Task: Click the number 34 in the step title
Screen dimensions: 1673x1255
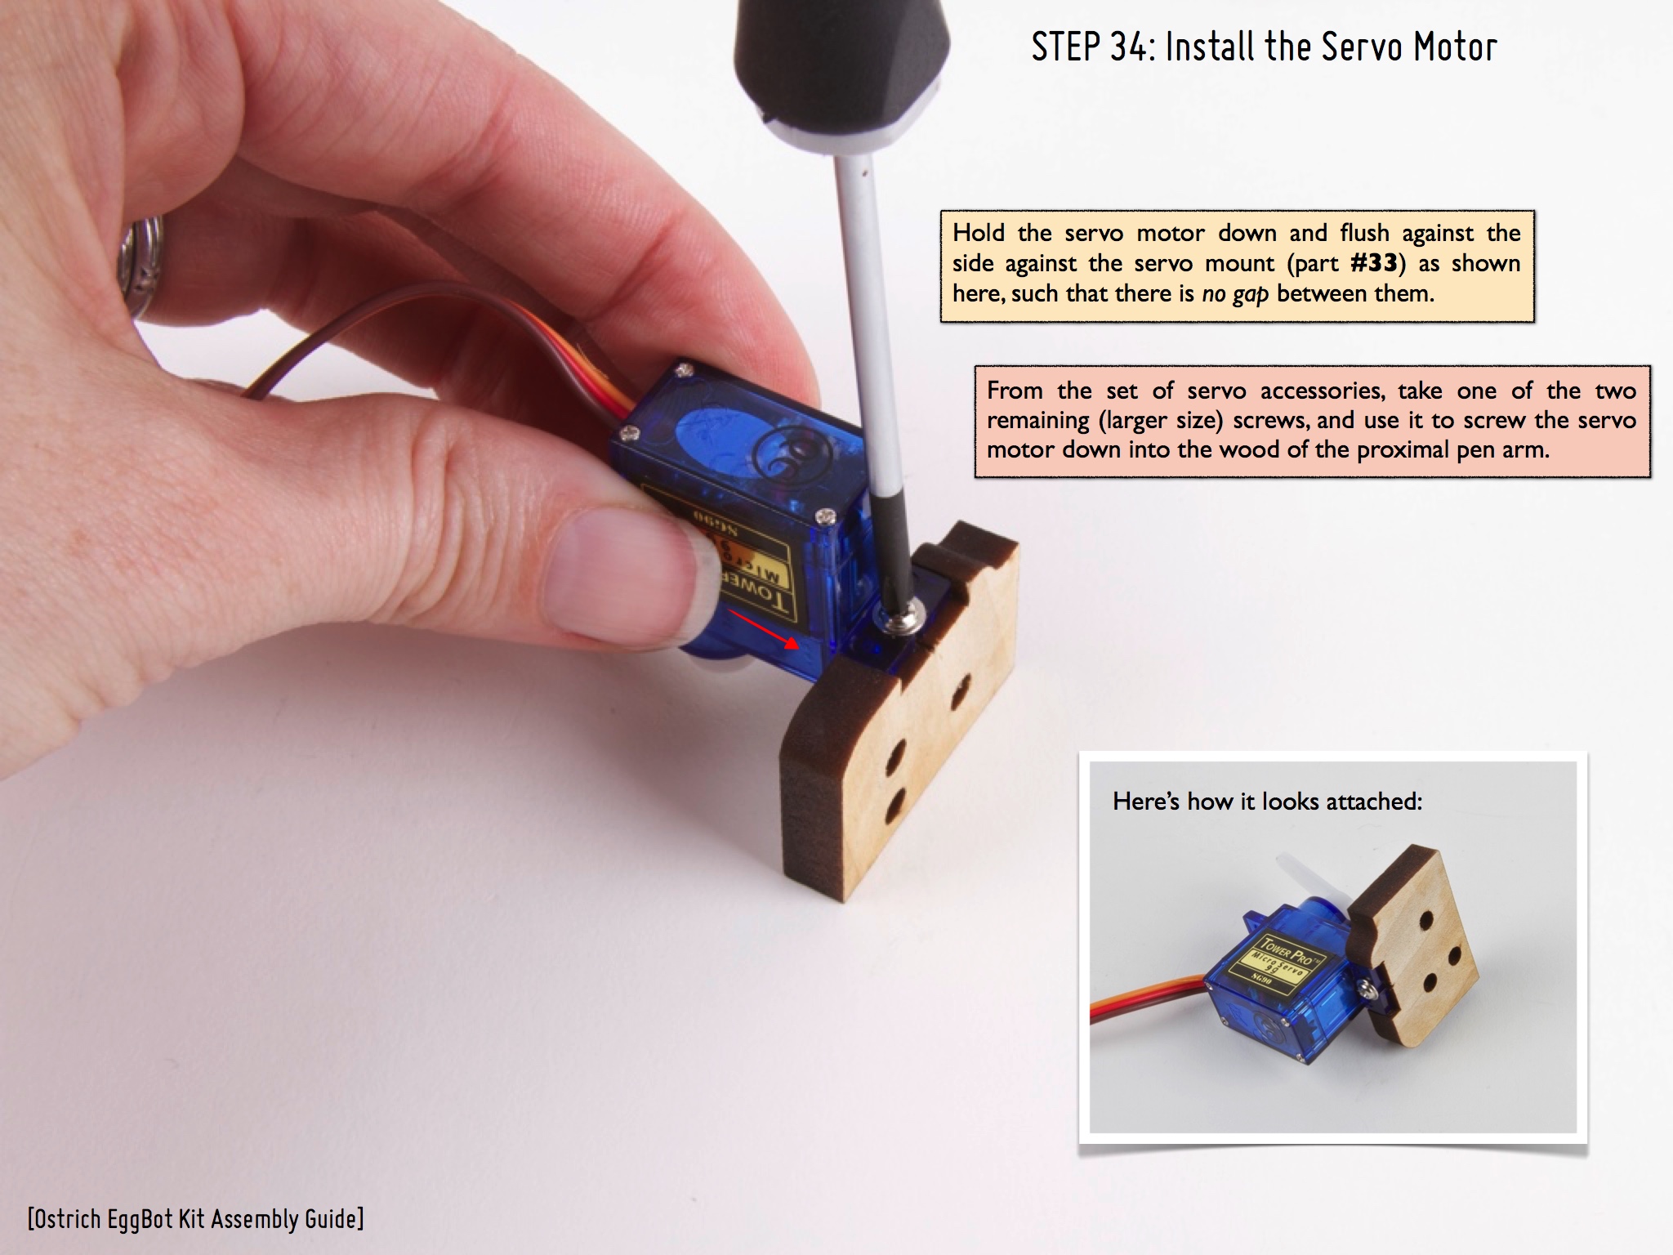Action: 1126,47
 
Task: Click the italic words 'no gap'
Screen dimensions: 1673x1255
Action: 1235,294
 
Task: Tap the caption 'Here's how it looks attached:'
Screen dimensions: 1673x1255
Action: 1267,801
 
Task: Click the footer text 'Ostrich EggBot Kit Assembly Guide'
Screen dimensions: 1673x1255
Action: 196,1218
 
